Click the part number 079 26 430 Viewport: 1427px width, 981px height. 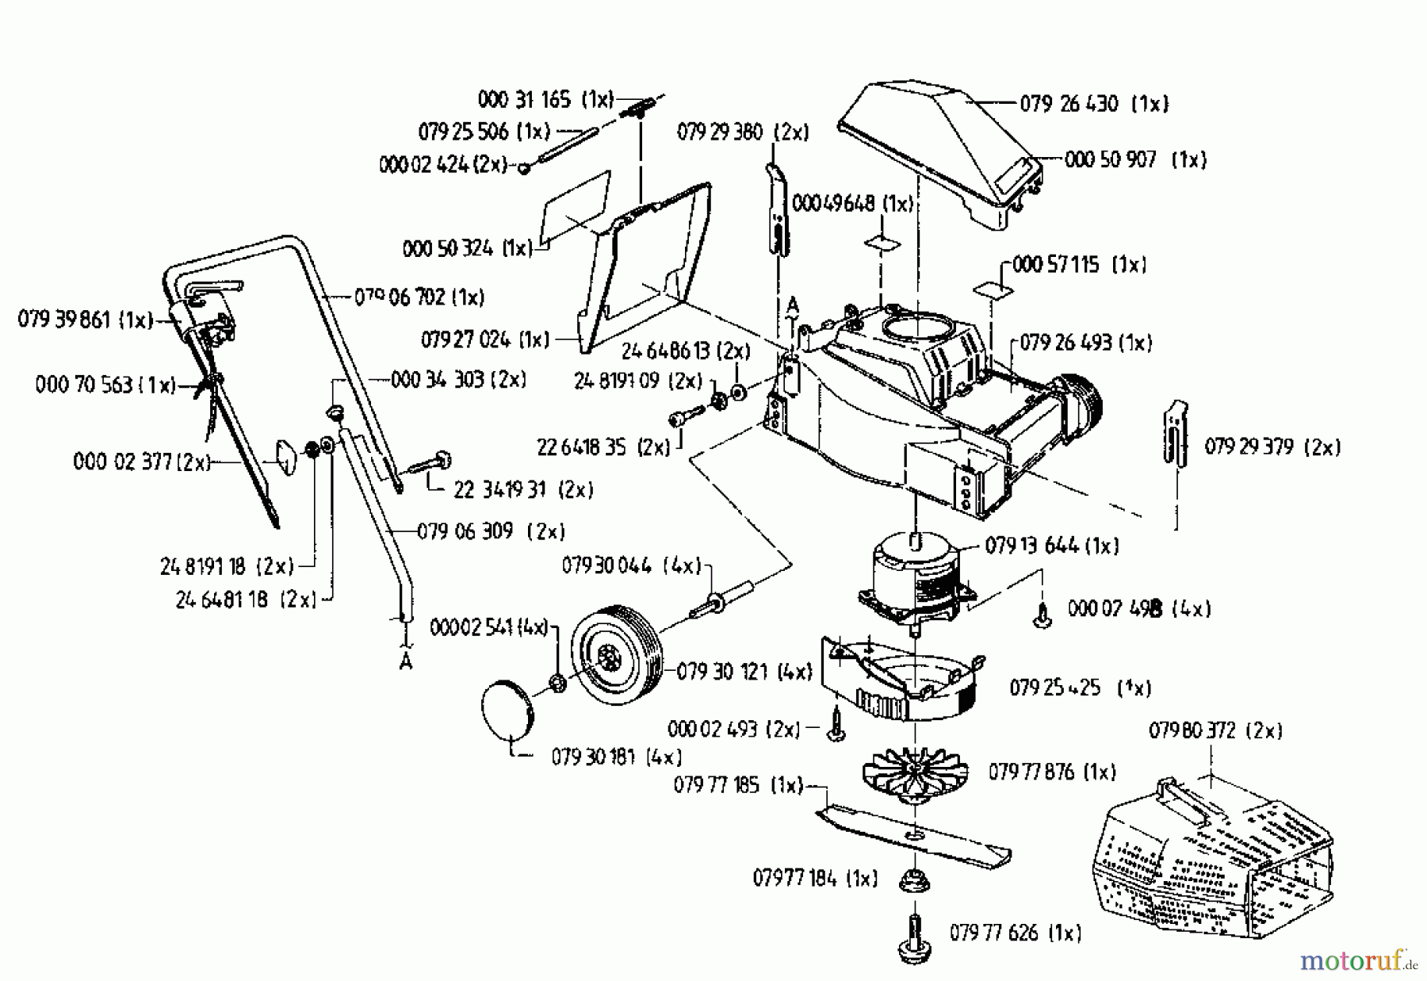tap(1069, 103)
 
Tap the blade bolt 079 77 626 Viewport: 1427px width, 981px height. tap(915, 936)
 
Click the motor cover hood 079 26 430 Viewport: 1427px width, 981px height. tap(935, 151)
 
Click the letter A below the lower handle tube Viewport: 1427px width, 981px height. tap(406, 661)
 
